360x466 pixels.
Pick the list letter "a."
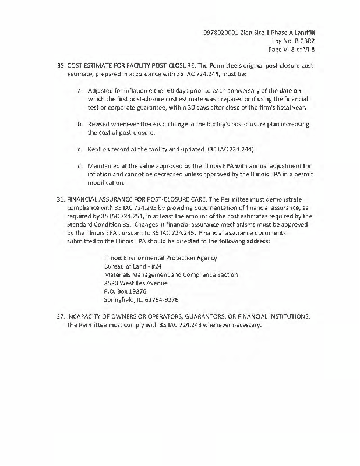point(80,91)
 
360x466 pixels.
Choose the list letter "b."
point(80,125)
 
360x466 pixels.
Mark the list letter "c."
point(80,149)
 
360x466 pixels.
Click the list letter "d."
point(80,166)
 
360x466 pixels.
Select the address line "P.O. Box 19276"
point(125,291)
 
